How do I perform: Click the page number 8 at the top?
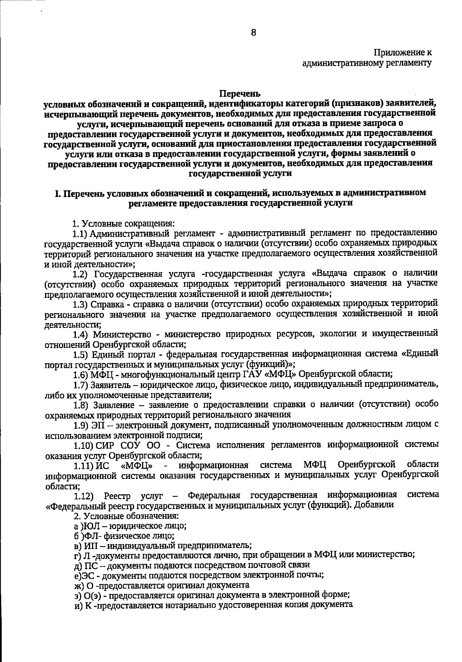(x=253, y=33)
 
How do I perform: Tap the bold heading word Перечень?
(x=240, y=94)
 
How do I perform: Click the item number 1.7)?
(x=81, y=384)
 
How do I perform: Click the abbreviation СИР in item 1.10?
(x=104, y=445)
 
